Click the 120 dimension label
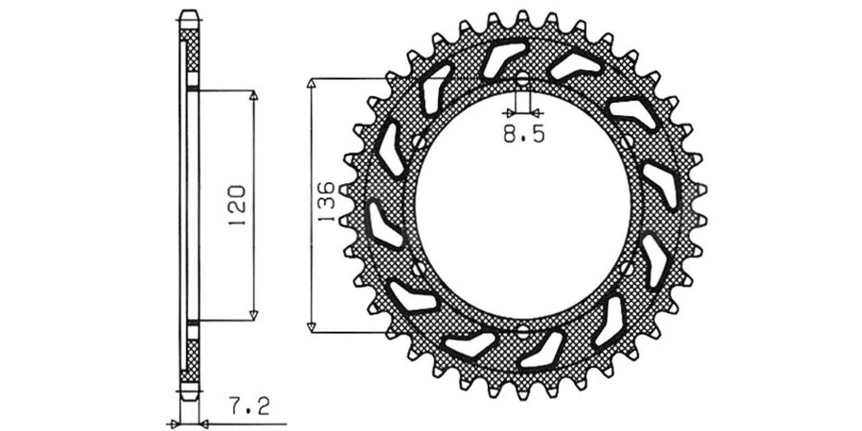tap(237, 205)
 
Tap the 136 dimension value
tap(326, 201)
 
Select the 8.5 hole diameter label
tap(524, 134)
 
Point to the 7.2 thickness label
tap(249, 406)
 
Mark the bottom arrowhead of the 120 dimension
tap(253, 315)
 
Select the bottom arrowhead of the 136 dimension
tap(311, 326)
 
